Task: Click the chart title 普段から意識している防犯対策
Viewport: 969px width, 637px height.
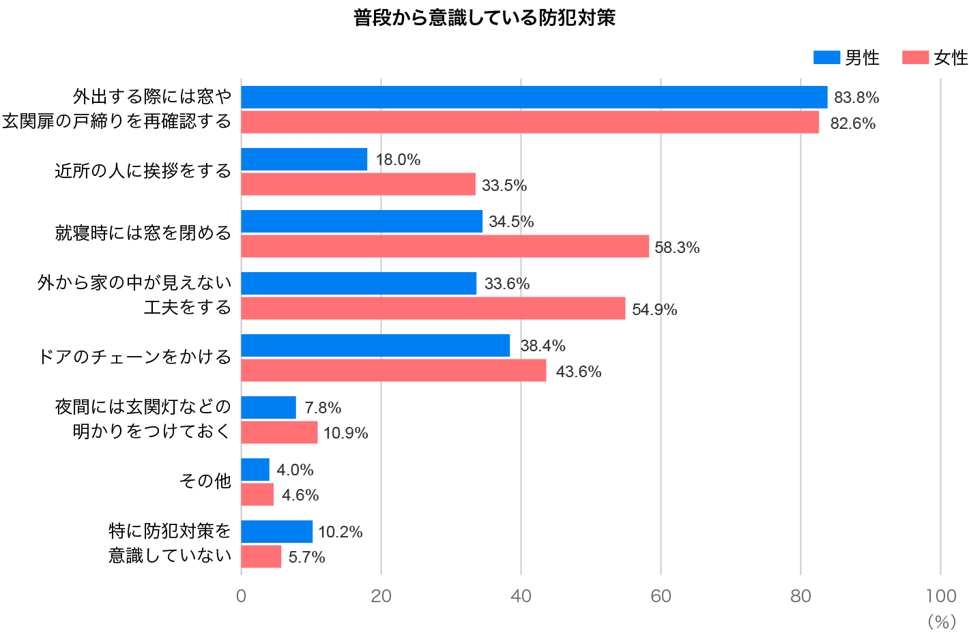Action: [x=484, y=18]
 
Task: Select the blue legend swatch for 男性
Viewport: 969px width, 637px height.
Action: [x=826, y=58]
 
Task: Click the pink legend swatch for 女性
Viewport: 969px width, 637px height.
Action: [x=914, y=58]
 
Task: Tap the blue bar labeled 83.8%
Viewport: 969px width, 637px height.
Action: [x=534, y=98]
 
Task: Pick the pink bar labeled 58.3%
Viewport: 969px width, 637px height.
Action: [x=445, y=246]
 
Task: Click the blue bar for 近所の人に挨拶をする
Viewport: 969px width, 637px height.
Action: [x=304, y=160]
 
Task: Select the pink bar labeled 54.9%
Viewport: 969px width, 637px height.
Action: [x=433, y=308]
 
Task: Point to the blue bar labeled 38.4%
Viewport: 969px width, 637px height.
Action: [x=375, y=346]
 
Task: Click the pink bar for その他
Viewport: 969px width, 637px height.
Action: [x=257, y=494]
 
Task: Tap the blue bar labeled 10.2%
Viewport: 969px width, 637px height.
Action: [x=276, y=532]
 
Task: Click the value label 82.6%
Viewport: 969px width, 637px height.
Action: [x=852, y=123]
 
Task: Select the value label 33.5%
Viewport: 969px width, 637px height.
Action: [x=504, y=186]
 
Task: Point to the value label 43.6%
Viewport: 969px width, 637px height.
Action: [x=578, y=372]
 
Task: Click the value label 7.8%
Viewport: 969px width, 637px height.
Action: [x=323, y=408]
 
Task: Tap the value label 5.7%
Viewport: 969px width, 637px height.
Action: [x=306, y=557]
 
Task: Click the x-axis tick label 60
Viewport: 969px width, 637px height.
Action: [x=660, y=596]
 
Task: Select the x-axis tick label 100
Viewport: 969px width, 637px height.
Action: [x=940, y=596]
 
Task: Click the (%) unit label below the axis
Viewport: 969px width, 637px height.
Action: [x=942, y=622]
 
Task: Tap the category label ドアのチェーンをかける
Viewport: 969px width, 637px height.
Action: [x=134, y=357]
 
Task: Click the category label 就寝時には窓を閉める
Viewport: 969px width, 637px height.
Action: [x=143, y=233]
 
